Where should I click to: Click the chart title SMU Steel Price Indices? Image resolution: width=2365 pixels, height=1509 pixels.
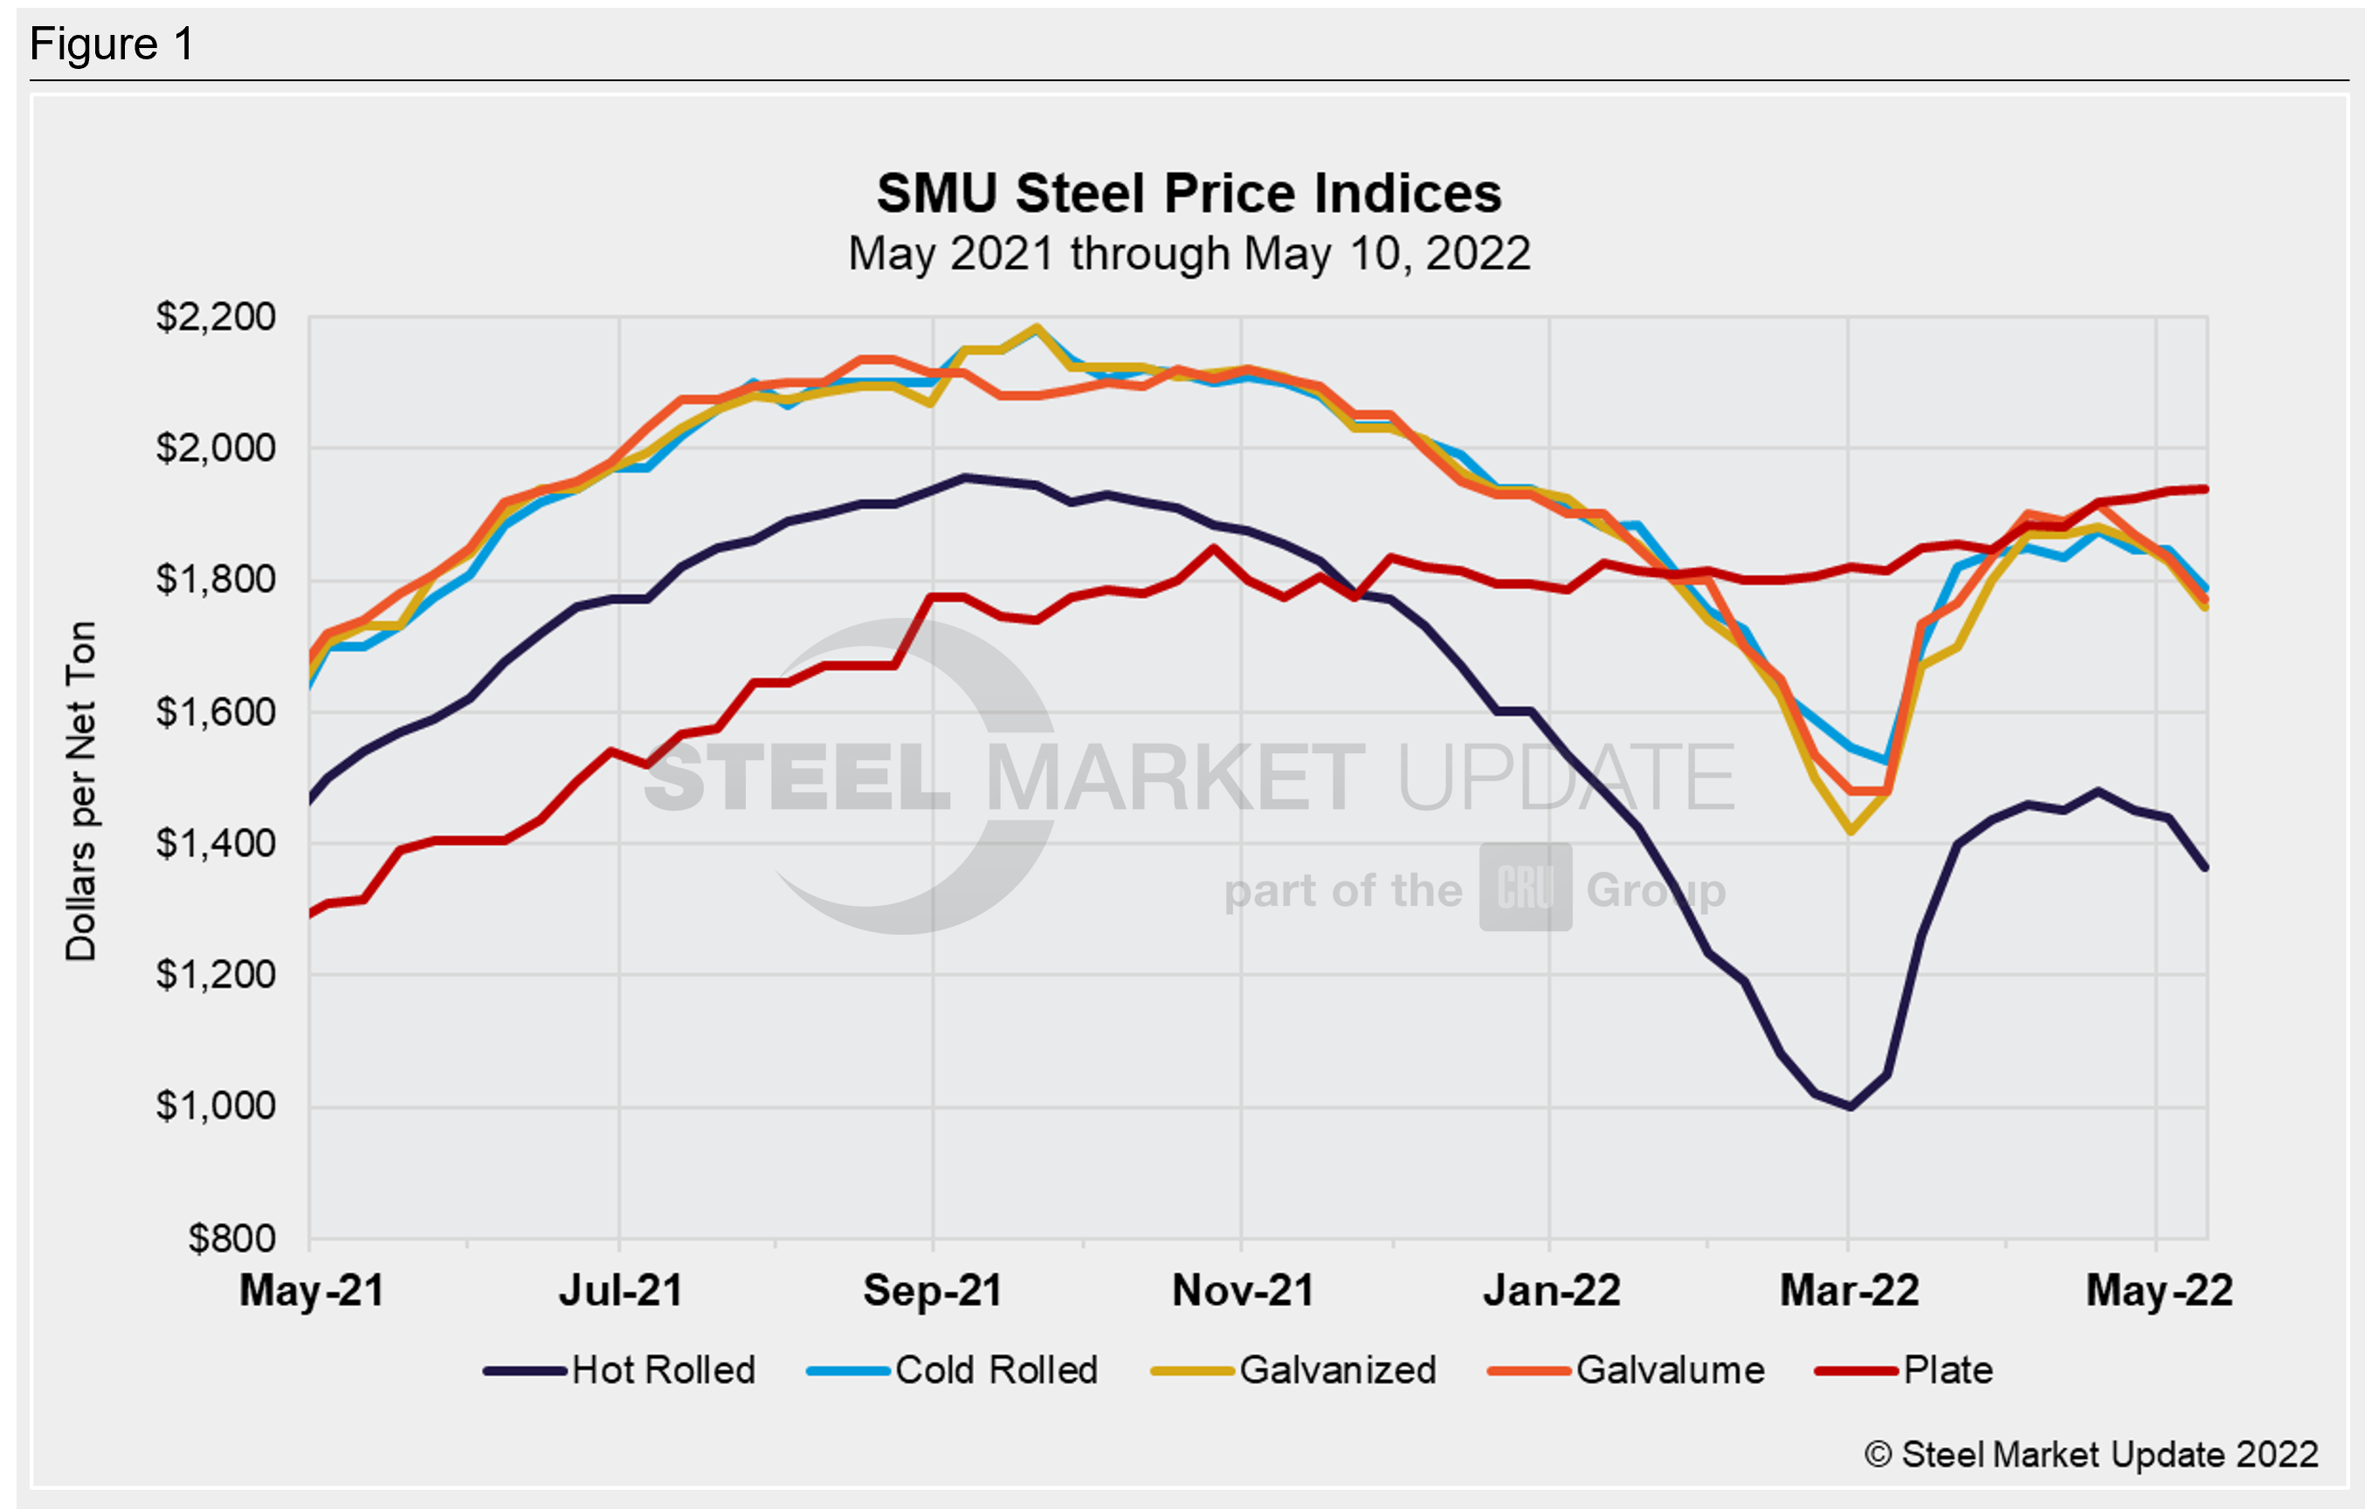click(1189, 194)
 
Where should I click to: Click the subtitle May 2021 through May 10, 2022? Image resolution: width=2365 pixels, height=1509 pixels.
click(1189, 254)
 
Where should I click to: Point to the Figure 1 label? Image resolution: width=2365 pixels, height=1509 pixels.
click(112, 45)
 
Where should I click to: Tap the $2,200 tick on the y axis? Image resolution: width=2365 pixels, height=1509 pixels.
click(216, 317)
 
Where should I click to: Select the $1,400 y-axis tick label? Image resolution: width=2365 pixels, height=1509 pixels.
click(216, 843)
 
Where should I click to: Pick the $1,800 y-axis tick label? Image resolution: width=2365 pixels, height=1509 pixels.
click(216, 580)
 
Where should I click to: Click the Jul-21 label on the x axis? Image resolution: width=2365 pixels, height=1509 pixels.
click(620, 1290)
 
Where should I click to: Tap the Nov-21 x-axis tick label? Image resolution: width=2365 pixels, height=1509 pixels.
click(1243, 1290)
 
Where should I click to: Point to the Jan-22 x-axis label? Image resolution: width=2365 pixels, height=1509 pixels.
click(1551, 1290)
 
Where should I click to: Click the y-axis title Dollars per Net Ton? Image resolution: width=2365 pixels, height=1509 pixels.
click(81, 791)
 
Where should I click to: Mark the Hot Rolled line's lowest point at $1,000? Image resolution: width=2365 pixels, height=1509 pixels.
click(1851, 1107)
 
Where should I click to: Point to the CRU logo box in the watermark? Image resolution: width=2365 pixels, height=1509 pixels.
click(1525, 888)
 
